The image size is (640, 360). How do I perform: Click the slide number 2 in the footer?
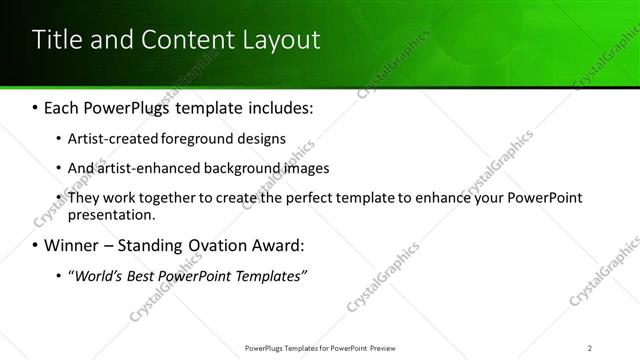click(x=590, y=348)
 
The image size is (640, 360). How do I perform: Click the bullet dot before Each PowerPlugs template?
click(x=36, y=106)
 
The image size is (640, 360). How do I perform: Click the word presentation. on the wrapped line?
click(x=112, y=214)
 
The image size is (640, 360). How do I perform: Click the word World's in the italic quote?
click(x=99, y=276)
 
